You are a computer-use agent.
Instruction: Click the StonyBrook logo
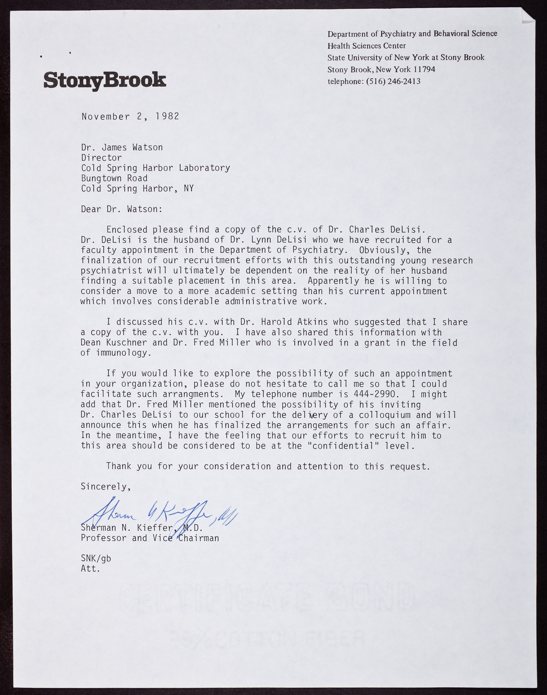(x=105, y=80)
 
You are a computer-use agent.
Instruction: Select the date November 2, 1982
(x=130, y=116)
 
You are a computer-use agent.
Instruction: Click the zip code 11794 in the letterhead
(x=424, y=69)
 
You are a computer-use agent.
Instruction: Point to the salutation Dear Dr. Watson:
(x=122, y=209)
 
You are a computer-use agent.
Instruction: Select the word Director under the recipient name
(x=101, y=157)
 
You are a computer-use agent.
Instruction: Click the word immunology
(x=116, y=353)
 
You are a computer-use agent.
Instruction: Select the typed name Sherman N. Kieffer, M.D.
(x=142, y=528)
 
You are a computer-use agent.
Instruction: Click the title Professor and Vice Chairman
(x=150, y=538)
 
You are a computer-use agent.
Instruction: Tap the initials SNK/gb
(x=96, y=558)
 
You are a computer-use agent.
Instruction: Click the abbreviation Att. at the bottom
(x=91, y=569)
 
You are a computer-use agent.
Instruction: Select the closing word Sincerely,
(x=106, y=487)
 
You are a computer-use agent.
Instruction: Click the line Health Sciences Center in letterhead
(x=366, y=46)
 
